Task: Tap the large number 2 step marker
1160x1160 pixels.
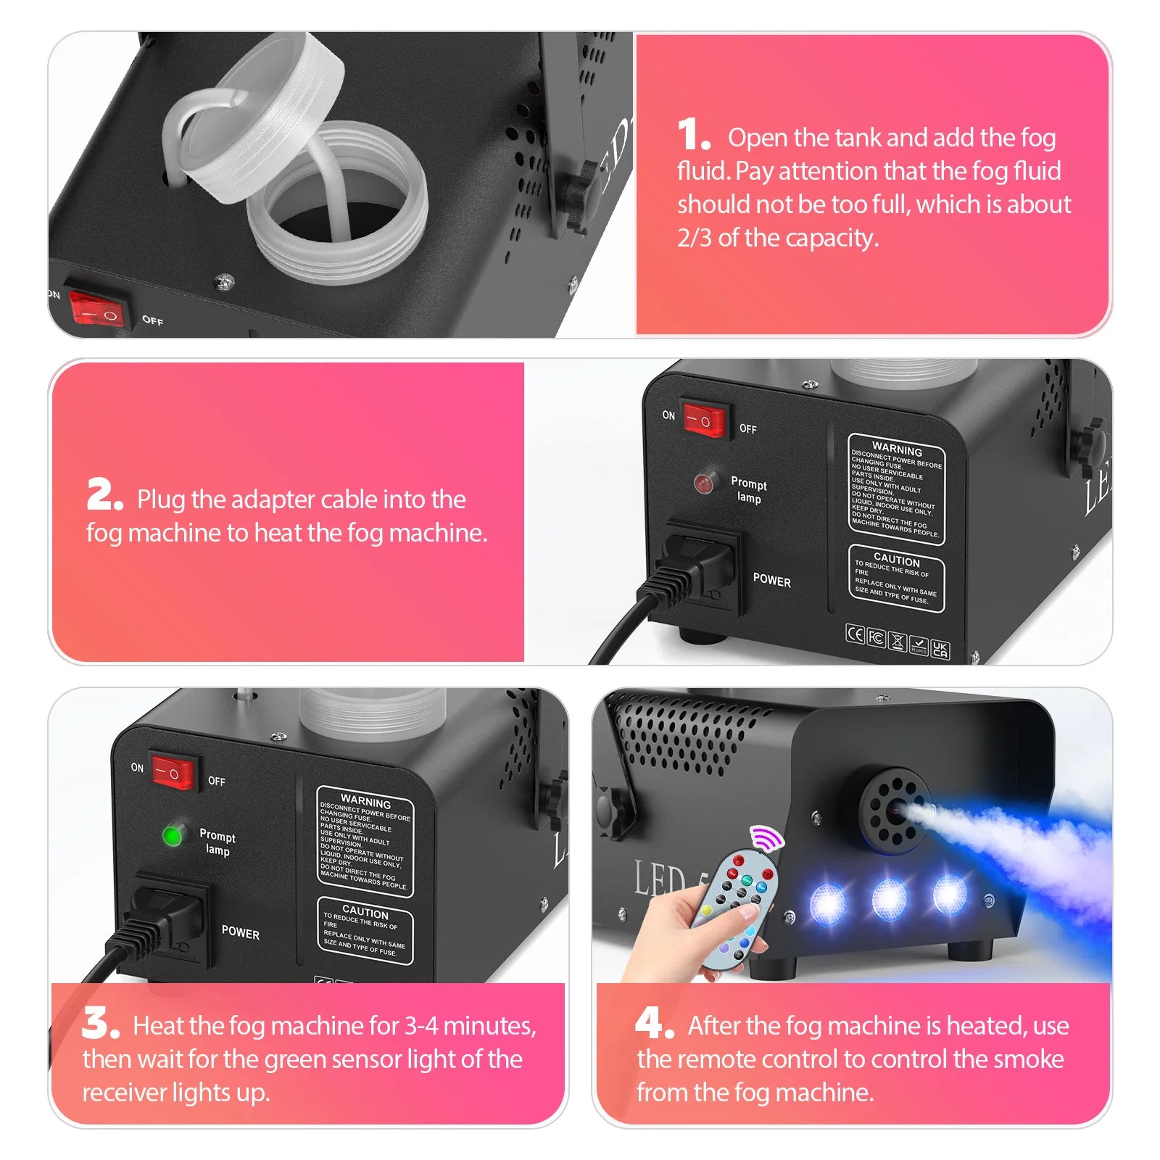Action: point(103,496)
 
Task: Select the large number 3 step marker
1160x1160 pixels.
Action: point(99,1022)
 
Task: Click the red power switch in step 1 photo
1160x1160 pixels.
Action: point(96,309)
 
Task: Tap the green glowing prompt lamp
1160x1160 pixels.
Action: point(173,836)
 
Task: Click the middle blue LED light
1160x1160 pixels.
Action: point(889,899)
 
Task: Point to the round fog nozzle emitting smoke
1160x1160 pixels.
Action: point(896,811)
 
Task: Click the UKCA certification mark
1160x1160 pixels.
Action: point(940,649)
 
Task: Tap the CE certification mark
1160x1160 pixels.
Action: point(855,635)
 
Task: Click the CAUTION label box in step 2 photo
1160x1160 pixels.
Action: point(896,579)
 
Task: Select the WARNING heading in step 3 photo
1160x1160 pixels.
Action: point(365,802)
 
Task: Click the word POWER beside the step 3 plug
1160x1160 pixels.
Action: point(241,933)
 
